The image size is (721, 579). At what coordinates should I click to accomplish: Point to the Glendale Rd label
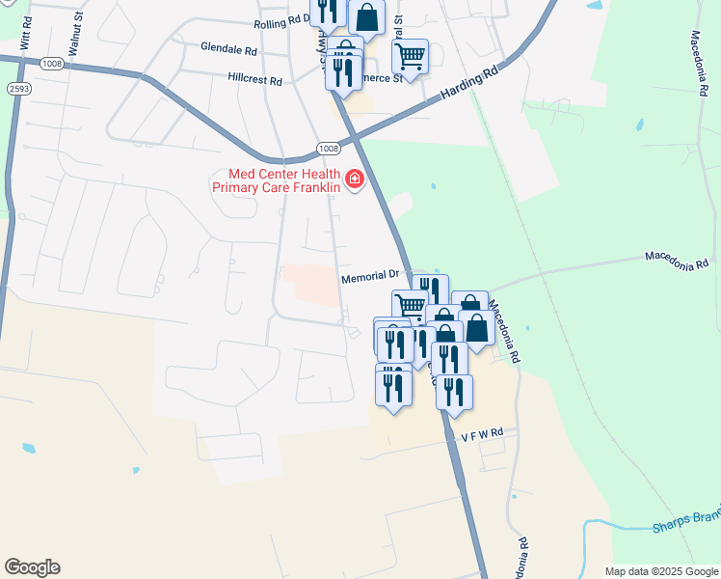point(228,47)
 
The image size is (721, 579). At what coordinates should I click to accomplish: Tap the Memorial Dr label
point(370,276)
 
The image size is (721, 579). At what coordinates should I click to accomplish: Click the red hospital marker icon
point(355,179)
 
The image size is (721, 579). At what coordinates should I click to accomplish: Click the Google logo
point(32,567)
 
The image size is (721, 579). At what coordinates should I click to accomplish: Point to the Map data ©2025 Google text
point(661,571)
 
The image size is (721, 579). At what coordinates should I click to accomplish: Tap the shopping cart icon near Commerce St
point(410,57)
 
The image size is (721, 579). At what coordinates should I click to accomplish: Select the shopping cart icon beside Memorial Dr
point(410,307)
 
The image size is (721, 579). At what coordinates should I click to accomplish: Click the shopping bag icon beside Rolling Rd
point(366,16)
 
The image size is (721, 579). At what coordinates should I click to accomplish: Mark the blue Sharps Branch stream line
point(617,525)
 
